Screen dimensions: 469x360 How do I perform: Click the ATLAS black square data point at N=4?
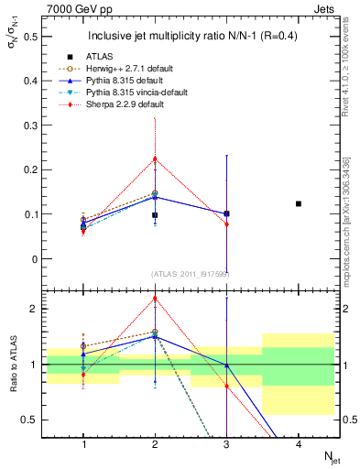point(299,203)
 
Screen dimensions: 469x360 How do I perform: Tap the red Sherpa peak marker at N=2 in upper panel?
point(155,158)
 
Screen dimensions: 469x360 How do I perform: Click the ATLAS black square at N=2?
point(155,215)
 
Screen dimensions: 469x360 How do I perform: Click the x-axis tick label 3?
point(226,443)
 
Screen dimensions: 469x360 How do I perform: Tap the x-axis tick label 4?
point(299,443)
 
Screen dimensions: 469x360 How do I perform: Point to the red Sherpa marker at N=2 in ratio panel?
point(155,298)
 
